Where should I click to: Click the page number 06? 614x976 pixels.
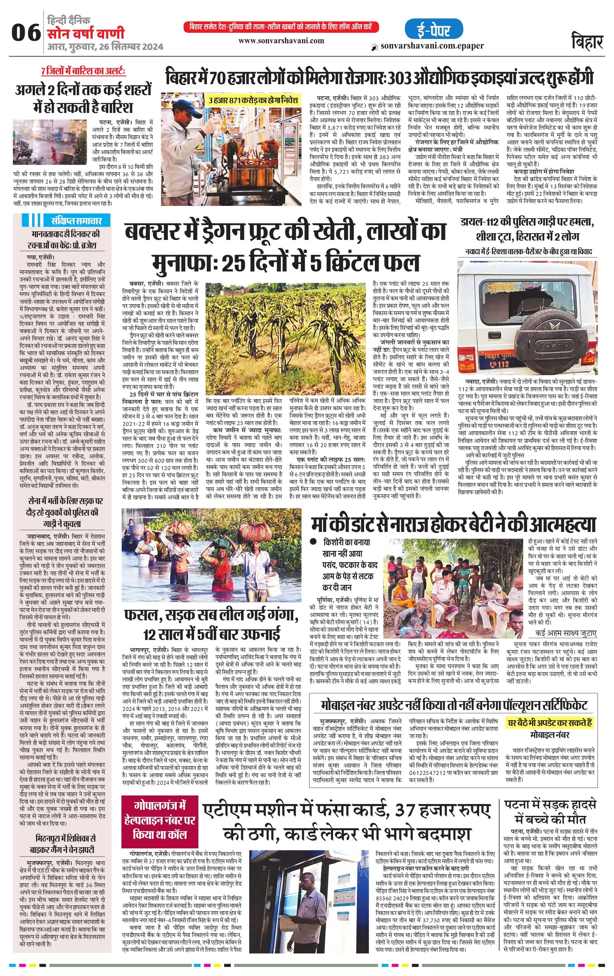coord(25,33)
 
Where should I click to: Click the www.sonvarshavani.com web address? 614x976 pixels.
coord(281,40)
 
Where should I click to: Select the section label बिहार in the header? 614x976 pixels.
coord(587,41)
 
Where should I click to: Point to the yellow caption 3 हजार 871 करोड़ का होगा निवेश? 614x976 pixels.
coord(253,100)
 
